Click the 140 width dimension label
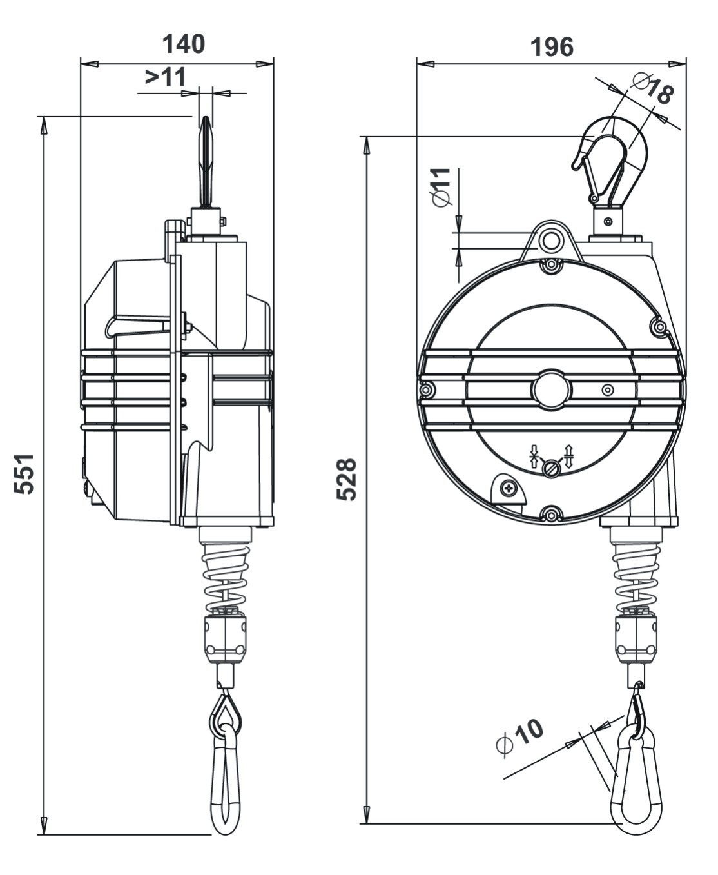point(183,44)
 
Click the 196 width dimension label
point(551,46)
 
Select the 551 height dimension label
point(24,473)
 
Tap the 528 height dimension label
point(347,479)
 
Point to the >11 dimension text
point(165,77)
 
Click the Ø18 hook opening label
point(652,88)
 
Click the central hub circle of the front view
point(551,389)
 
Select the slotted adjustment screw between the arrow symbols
point(551,468)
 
